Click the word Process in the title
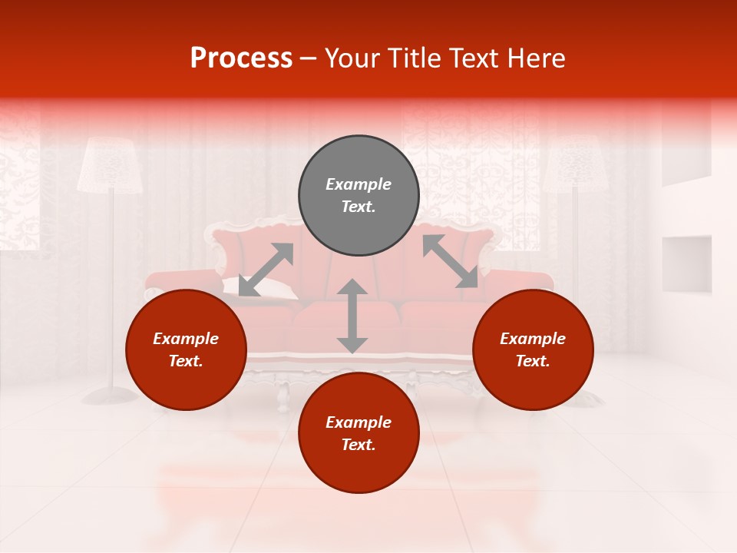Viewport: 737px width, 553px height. tap(241, 58)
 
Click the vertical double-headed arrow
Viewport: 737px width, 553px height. tap(352, 316)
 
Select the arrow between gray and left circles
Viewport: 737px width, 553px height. tap(266, 269)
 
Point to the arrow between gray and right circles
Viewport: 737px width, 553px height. tap(450, 261)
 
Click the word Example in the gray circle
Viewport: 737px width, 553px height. tap(359, 184)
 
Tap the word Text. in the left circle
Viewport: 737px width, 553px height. tap(186, 361)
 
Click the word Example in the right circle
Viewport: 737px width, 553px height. tap(533, 339)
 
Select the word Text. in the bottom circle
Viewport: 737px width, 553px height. tap(359, 445)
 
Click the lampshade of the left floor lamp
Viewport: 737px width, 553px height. tap(110, 165)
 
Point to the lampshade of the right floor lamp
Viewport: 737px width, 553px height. tap(575, 165)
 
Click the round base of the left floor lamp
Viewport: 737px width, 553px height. tap(110, 396)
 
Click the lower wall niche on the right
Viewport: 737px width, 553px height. tap(686, 263)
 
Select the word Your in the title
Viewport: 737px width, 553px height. tap(350, 58)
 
